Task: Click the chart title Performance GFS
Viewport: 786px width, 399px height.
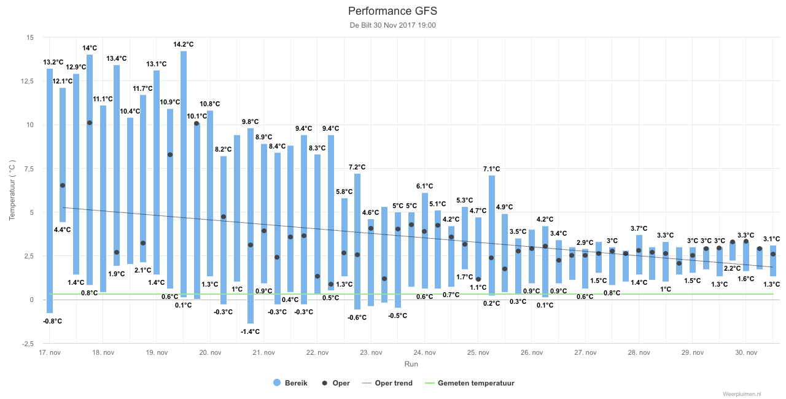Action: pyautogui.click(x=392, y=11)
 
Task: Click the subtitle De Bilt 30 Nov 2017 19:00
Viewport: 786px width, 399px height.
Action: pyautogui.click(x=392, y=25)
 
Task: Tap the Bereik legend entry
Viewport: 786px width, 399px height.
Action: pyautogui.click(x=290, y=383)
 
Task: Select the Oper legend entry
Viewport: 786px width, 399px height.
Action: pyautogui.click(x=336, y=383)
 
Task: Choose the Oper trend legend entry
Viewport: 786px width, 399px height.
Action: pyautogui.click(x=387, y=383)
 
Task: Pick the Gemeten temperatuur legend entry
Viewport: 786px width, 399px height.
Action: pyautogui.click(x=470, y=383)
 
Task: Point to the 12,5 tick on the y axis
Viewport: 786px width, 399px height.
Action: pyautogui.click(x=28, y=82)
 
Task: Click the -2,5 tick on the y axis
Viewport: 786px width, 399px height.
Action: pyautogui.click(x=28, y=344)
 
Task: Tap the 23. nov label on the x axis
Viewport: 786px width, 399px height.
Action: pyautogui.click(x=371, y=352)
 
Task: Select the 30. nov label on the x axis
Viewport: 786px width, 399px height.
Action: pyautogui.click(x=746, y=352)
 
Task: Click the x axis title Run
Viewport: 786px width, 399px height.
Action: pyautogui.click(x=411, y=364)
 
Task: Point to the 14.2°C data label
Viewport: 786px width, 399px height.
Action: pyautogui.click(x=183, y=45)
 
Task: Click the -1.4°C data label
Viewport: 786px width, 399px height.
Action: pyautogui.click(x=250, y=331)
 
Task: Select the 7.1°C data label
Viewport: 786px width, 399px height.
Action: pyautogui.click(x=491, y=169)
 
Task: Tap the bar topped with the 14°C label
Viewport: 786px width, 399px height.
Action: pyautogui.click(x=90, y=169)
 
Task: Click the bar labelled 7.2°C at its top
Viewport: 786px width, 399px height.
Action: pyautogui.click(x=357, y=242)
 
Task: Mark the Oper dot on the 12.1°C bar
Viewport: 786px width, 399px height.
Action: pyautogui.click(x=63, y=185)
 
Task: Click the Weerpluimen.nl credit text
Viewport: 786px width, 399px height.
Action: pyautogui.click(x=742, y=394)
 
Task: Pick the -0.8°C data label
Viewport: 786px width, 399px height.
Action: pyautogui.click(x=52, y=321)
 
